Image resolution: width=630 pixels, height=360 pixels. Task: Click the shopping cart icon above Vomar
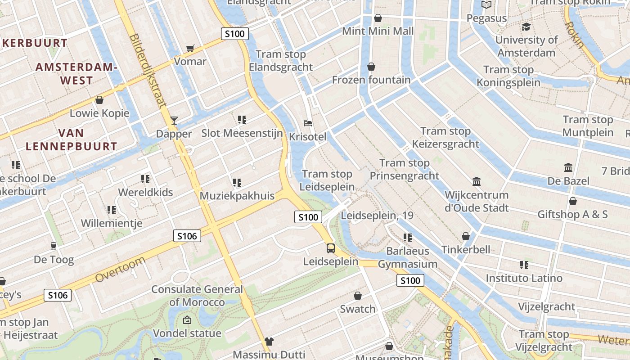(190, 48)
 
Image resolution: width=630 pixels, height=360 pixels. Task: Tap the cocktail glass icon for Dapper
(174, 120)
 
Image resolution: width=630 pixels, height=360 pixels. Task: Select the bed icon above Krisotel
(308, 123)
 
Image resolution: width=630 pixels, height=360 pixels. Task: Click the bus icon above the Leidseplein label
(331, 248)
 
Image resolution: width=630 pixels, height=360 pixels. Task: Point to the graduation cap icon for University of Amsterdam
(526, 27)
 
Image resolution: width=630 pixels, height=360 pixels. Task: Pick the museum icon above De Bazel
(568, 168)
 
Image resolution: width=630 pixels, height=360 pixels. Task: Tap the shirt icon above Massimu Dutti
(269, 342)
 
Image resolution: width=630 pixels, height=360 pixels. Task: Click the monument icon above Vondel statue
(187, 320)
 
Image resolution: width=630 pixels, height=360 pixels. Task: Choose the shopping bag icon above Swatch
(358, 296)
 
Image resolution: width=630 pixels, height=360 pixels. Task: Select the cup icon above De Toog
(54, 246)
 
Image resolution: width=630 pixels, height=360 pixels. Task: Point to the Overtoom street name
(121, 269)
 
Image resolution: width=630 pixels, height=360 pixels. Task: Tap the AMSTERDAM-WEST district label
(76, 74)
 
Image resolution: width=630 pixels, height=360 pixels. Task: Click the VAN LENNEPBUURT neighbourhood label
(71, 139)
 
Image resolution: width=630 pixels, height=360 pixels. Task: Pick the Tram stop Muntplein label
(588, 126)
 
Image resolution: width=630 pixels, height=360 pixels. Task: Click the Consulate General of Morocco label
(197, 296)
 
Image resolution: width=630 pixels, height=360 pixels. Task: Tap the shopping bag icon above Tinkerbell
(466, 236)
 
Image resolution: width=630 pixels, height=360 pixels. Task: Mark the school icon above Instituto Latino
(524, 265)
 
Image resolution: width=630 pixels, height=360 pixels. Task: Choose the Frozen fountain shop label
(371, 80)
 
